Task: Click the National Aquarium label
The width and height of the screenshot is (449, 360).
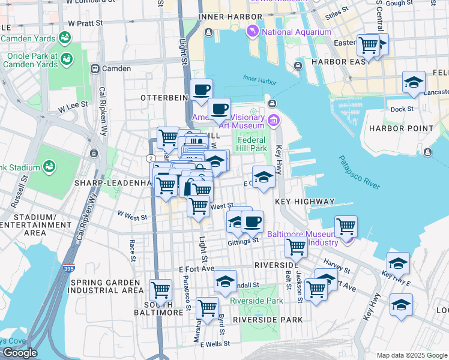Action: point(297,32)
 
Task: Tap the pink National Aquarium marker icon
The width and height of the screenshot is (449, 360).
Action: point(253,31)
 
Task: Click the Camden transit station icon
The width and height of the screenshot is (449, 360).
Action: point(95,68)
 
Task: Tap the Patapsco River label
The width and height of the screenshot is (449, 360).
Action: point(360,173)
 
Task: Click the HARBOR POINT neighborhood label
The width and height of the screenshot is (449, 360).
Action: point(401,128)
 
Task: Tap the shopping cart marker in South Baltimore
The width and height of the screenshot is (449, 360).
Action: point(160,290)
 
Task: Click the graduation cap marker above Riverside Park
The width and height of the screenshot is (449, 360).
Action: point(225,280)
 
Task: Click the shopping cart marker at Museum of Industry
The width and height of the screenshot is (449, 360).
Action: point(346,226)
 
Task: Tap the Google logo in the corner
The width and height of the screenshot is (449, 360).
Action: point(20,353)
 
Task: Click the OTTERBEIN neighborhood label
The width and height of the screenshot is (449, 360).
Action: point(160,97)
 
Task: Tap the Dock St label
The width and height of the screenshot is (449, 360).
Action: point(402,109)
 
